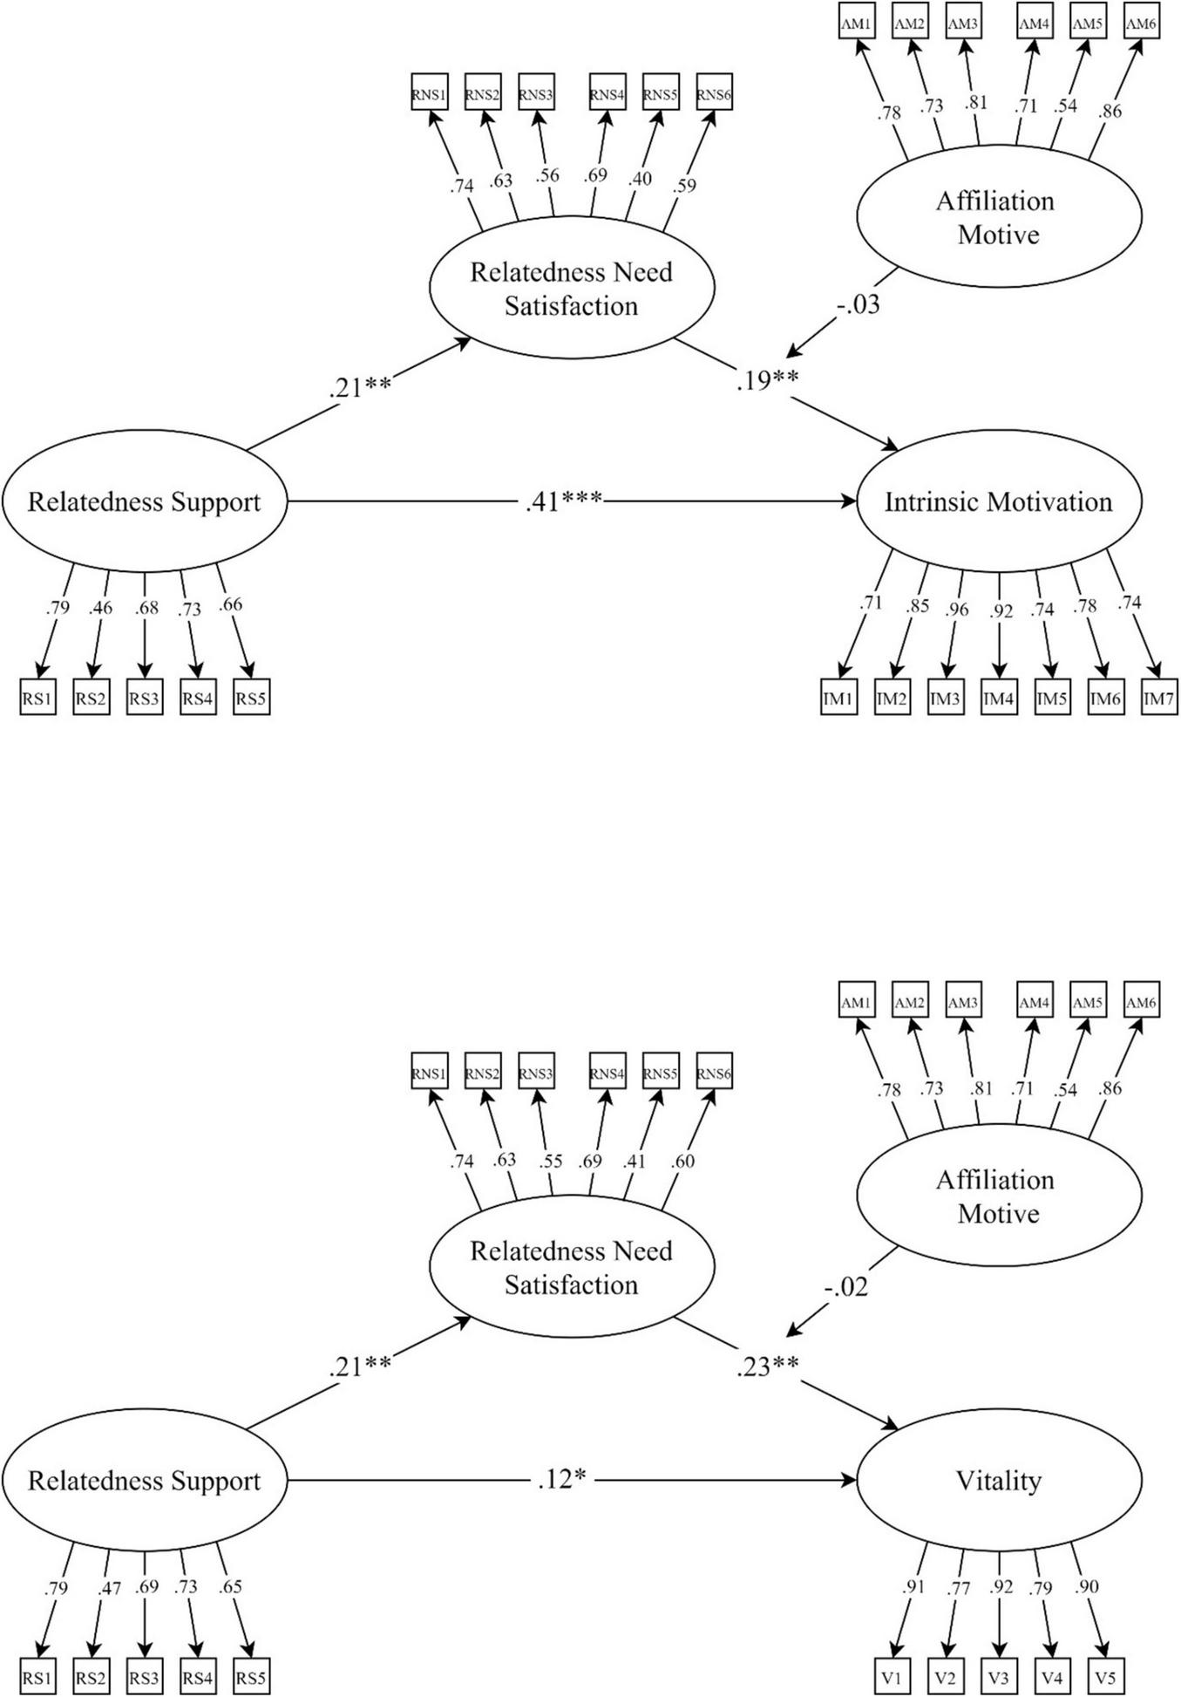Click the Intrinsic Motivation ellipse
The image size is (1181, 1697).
pyautogui.click(x=999, y=501)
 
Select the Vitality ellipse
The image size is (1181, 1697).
pyautogui.click(x=999, y=1481)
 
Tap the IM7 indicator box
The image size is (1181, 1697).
pyautogui.click(x=1159, y=699)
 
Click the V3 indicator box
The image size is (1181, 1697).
pyautogui.click(x=999, y=1677)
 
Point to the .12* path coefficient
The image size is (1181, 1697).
pyautogui.click(x=560, y=1480)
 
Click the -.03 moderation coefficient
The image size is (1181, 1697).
pyautogui.click(x=857, y=304)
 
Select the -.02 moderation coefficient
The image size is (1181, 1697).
pyautogui.click(x=845, y=1286)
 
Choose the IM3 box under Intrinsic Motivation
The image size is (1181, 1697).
pyautogui.click(x=946, y=699)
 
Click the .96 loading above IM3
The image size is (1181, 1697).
pyautogui.click(x=957, y=609)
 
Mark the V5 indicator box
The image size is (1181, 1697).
pyautogui.click(x=1105, y=1677)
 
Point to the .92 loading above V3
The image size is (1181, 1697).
pyautogui.click(x=1001, y=1586)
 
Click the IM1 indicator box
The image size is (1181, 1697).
pyautogui.click(x=839, y=699)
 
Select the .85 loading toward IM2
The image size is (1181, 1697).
pyautogui.click(x=917, y=605)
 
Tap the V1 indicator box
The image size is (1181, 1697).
pyautogui.click(x=893, y=1677)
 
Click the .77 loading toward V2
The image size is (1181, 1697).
pyautogui.click(x=959, y=1588)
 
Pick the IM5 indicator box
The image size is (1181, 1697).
pyautogui.click(x=1052, y=699)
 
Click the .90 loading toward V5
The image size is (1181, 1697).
pyautogui.click(x=1087, y=1585)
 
